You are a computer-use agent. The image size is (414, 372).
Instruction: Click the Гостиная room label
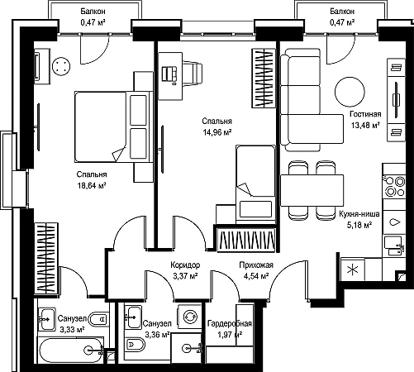point(365,114)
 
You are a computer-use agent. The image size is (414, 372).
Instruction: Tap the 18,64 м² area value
point(92,186)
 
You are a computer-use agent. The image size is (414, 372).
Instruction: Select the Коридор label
point(185,265)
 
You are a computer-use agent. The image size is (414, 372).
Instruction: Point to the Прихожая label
point(256,265)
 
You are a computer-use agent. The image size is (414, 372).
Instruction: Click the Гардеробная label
point(230,323)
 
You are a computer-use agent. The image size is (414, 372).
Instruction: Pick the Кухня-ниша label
point(359,214)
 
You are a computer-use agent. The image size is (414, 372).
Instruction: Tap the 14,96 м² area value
point(217,132)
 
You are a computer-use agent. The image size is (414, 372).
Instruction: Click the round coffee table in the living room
point(350,92)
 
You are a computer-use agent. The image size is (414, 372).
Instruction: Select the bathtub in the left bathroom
point(70,350)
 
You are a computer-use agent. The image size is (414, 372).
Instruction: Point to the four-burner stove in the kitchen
point(395,186)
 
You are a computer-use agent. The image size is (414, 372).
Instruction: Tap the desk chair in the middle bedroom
point(192,74)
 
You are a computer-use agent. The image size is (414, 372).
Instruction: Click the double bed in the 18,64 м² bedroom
point(114,126)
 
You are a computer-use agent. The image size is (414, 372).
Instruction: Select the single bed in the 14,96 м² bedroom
point(255,184)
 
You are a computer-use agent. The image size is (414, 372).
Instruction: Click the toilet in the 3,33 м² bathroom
point(98,319)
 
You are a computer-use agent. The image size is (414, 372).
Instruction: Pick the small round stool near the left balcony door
point(61,66)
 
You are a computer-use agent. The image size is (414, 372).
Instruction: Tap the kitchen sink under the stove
point(394,246)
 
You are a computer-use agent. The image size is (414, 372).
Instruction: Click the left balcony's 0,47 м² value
point(93,22)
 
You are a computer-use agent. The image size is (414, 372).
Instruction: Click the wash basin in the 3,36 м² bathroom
point(133,317)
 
